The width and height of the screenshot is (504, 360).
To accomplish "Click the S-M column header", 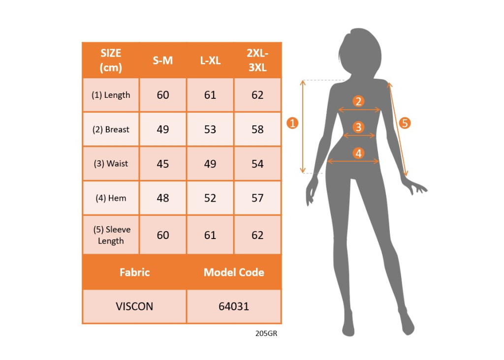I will click(x=162, y=60).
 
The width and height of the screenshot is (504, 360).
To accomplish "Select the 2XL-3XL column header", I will click(x=257, y=60).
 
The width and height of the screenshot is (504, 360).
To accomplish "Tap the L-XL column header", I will click(x=210, y=60).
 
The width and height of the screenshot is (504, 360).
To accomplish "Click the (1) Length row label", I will click(x=111, y=95).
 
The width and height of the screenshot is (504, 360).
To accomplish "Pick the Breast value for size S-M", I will click(x=162, y=129).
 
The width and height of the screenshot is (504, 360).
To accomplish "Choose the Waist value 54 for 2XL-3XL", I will click(x=257, y=164).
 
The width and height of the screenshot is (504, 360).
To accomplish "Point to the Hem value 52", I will click(x=210, y=198).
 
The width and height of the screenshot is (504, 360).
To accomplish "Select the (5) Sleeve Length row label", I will click(x=111, y=235).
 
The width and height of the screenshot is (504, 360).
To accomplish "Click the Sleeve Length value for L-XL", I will click(x=210, y=235).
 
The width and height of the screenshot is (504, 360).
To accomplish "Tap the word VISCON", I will click(x=134, y=306).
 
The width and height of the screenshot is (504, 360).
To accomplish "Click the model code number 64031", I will click(x=234, y=306).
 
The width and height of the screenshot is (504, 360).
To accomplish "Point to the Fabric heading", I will click(x=134, y=272).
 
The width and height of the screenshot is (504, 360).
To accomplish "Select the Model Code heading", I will click(x=234, y=272).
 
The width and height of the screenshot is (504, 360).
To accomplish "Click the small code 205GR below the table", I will click(x=266, y=333).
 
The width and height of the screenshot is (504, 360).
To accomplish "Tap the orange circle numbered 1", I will click(x=292, y=123).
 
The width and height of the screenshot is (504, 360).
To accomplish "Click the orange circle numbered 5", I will click(x=405, y=123).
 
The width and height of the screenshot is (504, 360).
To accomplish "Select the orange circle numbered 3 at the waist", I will click(x=358, y=127).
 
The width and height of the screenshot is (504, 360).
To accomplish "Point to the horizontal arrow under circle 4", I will click(x=353, y=161).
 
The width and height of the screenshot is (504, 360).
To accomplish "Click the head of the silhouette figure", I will click(x=359, y=52).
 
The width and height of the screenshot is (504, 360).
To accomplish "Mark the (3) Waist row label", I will click(x=111, y=164).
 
